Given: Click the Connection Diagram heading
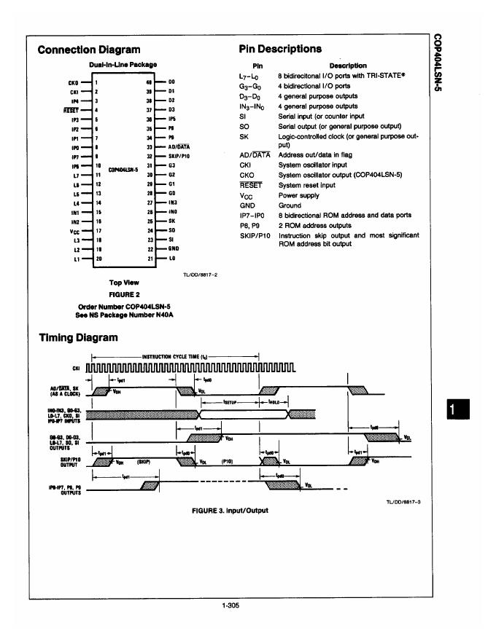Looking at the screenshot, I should (x=88, y=50).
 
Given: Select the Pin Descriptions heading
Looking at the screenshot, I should (x=280, y=49).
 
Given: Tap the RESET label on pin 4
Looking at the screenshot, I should (x=71, y=109).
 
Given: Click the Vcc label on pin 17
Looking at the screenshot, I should (x=72, y=230).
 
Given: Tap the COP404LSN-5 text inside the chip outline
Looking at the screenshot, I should (x=123, y=170).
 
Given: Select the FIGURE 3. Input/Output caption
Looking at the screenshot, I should (x=229, y=510).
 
